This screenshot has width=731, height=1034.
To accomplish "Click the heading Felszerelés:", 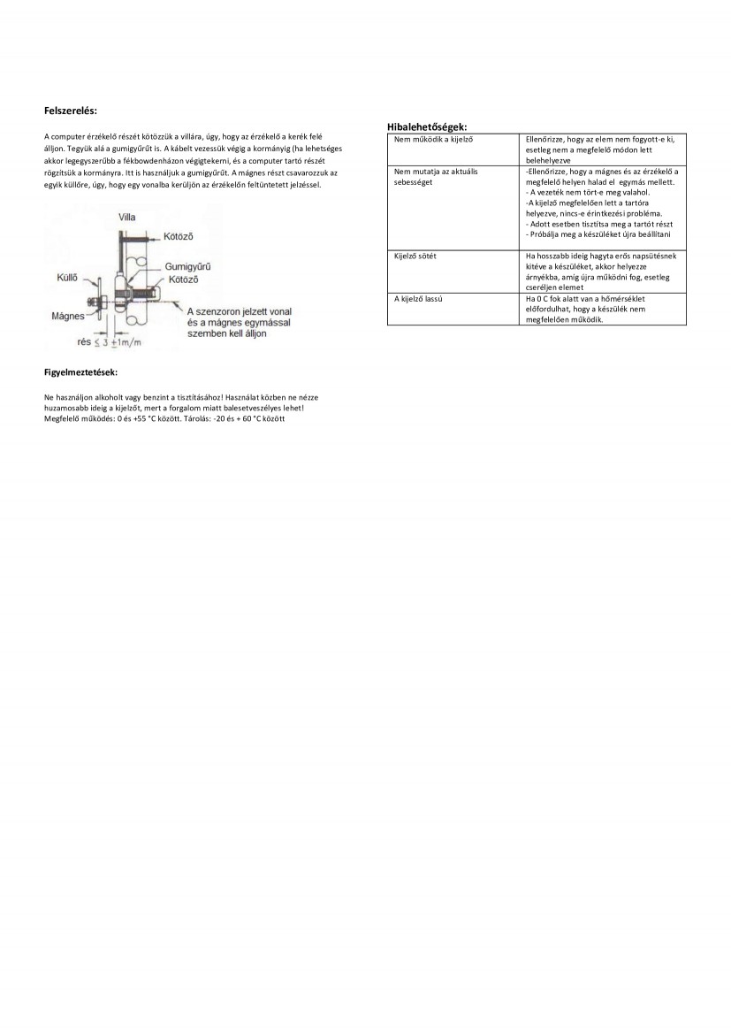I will [71, 111].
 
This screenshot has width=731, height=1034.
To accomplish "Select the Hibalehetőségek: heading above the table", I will [428, 127].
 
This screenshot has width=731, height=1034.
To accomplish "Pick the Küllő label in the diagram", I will [68, 277].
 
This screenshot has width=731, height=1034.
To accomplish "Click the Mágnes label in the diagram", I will [67, 315].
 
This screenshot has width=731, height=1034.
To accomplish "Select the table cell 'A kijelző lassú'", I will [418, 299].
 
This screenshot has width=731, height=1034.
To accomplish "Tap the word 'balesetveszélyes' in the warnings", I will [255, 408].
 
